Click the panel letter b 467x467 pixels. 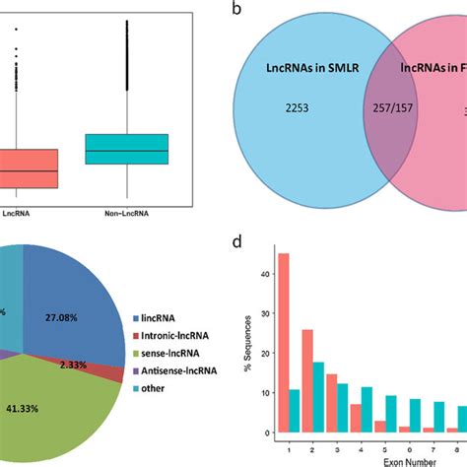(x=237, y=10)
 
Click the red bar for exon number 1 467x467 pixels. (x=283, y=357)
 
